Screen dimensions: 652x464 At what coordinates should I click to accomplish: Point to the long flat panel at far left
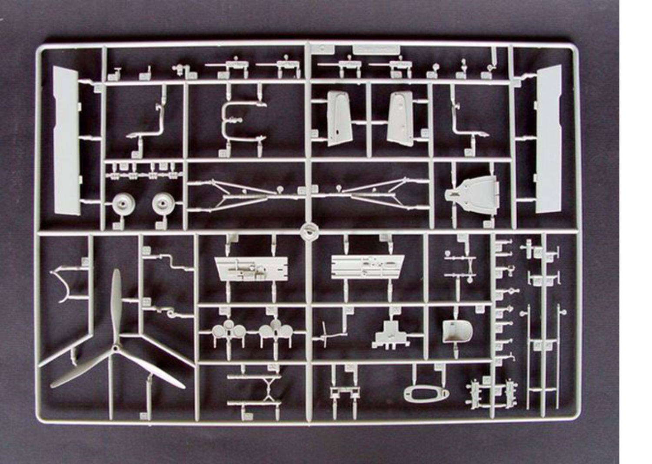[66, 141]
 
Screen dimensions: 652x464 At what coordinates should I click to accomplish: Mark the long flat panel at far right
[549, 139]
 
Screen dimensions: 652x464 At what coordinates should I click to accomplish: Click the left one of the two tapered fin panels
[338, 118]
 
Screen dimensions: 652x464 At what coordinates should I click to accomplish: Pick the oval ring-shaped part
[426, 394]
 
